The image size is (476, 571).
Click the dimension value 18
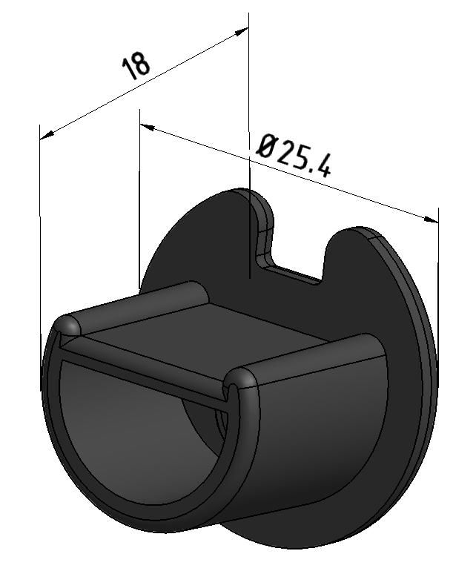click(x=136, y=65)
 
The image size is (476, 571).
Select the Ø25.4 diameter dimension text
click(x=294, y=155)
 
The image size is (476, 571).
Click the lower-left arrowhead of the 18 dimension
click(x=46, y=135)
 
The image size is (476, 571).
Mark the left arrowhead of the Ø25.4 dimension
click(x=146, y=128)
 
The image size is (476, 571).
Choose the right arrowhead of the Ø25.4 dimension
click(x=432, y=220)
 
